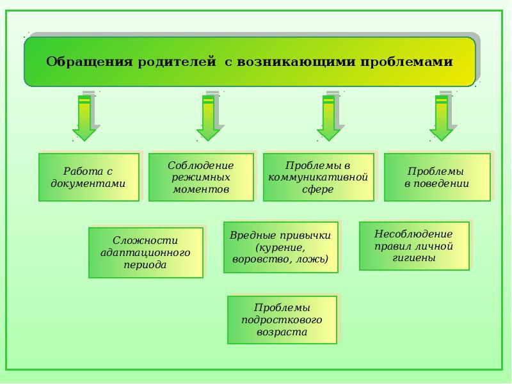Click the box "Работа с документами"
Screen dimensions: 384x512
point(88,177)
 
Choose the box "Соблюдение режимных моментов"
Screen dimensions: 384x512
point(200,177)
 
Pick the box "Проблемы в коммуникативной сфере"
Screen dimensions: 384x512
point(318,177)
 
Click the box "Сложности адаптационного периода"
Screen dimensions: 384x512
point(145,252)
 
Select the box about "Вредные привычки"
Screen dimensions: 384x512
point(280,247)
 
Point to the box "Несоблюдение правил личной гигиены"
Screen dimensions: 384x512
point(413,246)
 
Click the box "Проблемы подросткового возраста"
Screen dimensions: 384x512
point(282,319)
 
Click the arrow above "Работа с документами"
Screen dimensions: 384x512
point(84,118)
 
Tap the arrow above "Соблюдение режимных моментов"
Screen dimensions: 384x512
point(209,118)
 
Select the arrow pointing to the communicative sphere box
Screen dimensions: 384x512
point(329,118)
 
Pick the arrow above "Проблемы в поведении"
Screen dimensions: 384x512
point(442,118)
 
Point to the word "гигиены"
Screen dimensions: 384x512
point(413,258)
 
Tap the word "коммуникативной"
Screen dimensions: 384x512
point(318,177)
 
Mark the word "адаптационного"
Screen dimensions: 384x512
point(145,252)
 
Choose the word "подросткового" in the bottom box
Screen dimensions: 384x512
point(282,319)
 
